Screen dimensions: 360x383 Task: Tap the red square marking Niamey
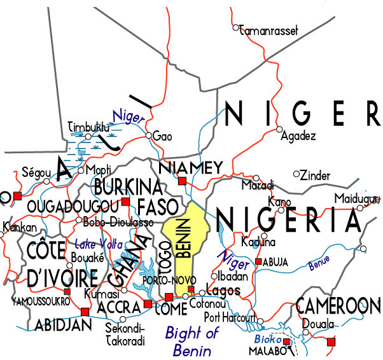pos(182,181)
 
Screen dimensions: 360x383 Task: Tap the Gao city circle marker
pos(148,135)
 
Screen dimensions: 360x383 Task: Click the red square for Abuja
pos(258,261)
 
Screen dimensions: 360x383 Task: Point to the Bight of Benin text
pos(192,340)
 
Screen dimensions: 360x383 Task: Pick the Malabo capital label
pos(265,350)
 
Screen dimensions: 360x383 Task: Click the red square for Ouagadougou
pos(125,202)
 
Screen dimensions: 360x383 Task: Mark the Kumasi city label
pos(102,294)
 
